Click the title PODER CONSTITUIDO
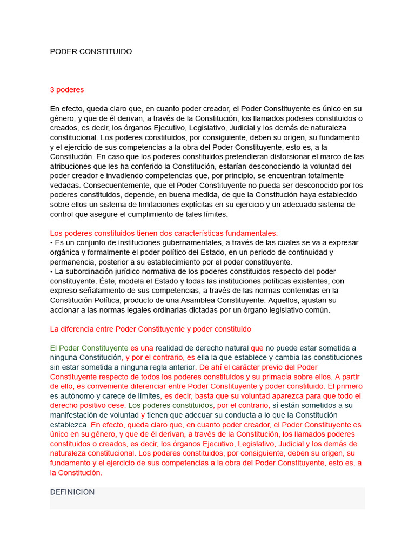(x=91, y=51)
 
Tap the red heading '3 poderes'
(x=67, y=89)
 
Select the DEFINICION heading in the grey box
(x=72, y=492)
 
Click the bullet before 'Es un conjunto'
(x=51, y=243)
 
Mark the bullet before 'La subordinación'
(x=51, y=272)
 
